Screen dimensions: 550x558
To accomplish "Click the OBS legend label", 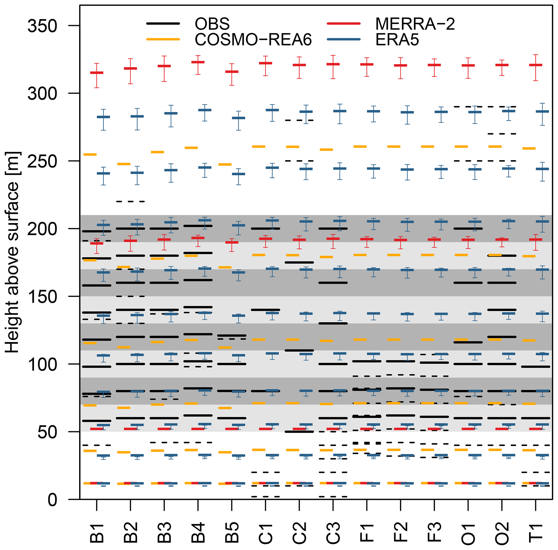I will tap(212, 24).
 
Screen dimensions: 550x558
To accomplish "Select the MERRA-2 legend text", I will tap(415, 24).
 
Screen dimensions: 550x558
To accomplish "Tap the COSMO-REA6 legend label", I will tap(253, 40).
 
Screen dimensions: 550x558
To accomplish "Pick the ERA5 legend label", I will tap(397, 40).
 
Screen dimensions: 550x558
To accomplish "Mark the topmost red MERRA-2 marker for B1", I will tap(97, 73).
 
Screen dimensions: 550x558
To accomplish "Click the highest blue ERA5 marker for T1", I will tap(542, 111).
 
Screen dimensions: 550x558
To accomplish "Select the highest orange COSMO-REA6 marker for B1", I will tap(90, 155).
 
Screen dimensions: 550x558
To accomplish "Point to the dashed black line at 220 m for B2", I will tap(130, 201).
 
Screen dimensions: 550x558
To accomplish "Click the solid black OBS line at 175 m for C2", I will tap(299, 262).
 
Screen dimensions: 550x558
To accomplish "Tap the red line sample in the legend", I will tap(344, 24).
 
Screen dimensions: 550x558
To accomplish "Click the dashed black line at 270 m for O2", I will tap(502, 134).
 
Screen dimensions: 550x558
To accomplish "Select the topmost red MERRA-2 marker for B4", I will tap(198, 62).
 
